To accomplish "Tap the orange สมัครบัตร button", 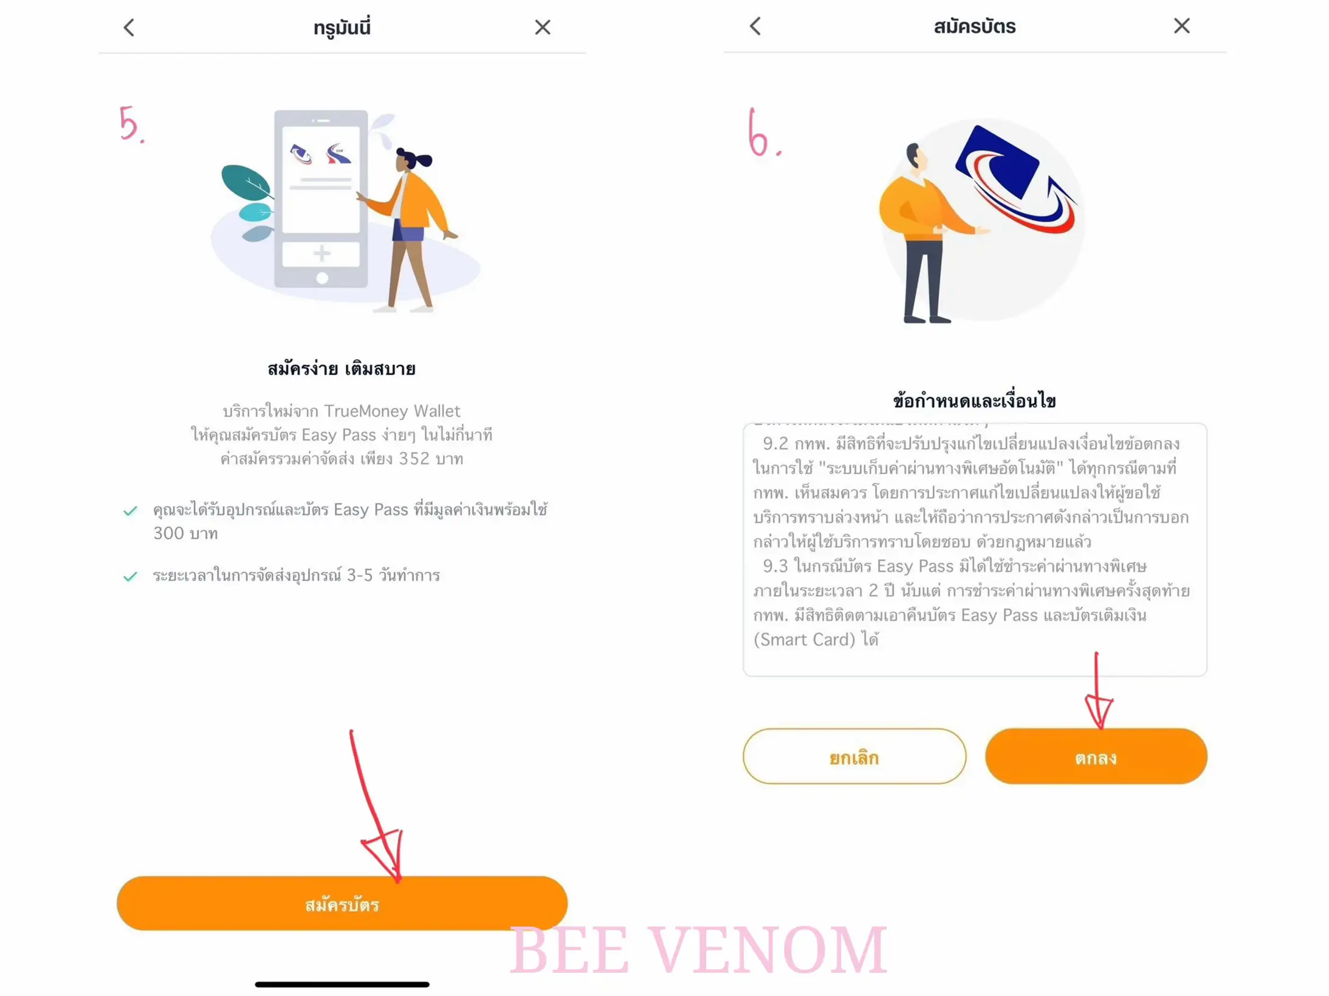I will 342,904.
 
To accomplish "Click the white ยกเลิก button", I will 854,757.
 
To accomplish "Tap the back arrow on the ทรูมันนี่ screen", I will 129,27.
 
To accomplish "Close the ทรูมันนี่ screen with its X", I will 542,27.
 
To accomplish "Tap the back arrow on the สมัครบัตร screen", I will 755,26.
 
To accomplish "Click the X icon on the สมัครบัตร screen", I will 1181,26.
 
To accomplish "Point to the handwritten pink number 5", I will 129,124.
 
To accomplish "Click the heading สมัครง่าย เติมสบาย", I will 342,369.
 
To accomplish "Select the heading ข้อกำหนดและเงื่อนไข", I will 974,401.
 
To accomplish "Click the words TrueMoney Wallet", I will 392,411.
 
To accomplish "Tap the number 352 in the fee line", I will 414,459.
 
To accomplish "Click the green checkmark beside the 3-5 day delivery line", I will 130,576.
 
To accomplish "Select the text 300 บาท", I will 185,533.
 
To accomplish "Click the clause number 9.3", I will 775,566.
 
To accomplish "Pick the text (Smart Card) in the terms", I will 804,640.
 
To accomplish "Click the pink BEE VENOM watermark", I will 698,950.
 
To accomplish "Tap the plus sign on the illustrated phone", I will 321,253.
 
